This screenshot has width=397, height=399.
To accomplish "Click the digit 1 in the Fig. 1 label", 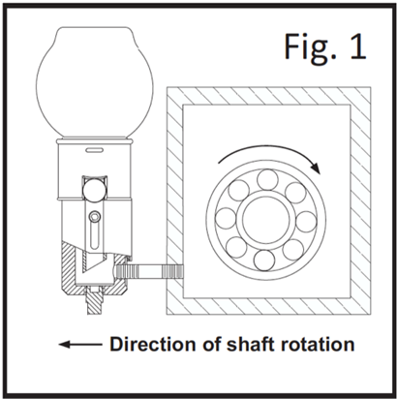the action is (357, 46).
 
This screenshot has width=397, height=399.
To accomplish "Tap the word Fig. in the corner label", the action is (310, 49).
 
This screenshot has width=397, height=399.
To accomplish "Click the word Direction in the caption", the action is (153, 344).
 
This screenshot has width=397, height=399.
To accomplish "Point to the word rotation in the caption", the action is (318, 344).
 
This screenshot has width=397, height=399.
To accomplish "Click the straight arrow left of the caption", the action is (80, 344).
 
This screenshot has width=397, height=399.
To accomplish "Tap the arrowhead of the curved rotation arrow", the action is (316, 168).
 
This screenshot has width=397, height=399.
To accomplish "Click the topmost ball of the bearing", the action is (267, 180).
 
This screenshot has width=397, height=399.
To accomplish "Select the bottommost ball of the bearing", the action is (264, 261).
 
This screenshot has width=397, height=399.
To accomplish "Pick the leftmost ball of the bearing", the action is (226, 218).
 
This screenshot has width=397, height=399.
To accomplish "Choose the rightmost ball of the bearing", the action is (306, 222).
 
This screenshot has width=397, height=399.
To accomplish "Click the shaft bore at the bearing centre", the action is (266, 221).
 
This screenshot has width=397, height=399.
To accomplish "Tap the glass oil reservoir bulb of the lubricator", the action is (94, 82).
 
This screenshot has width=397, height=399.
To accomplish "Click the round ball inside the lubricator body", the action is (94, 190).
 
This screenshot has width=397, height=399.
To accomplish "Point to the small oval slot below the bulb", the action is (95, 150).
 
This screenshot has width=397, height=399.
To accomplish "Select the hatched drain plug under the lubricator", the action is (95, 301).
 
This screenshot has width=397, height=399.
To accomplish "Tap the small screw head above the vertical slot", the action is (95, 217).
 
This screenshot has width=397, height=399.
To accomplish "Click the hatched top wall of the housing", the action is (268, 96).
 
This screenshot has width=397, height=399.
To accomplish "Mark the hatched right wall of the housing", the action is (360, 200).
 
